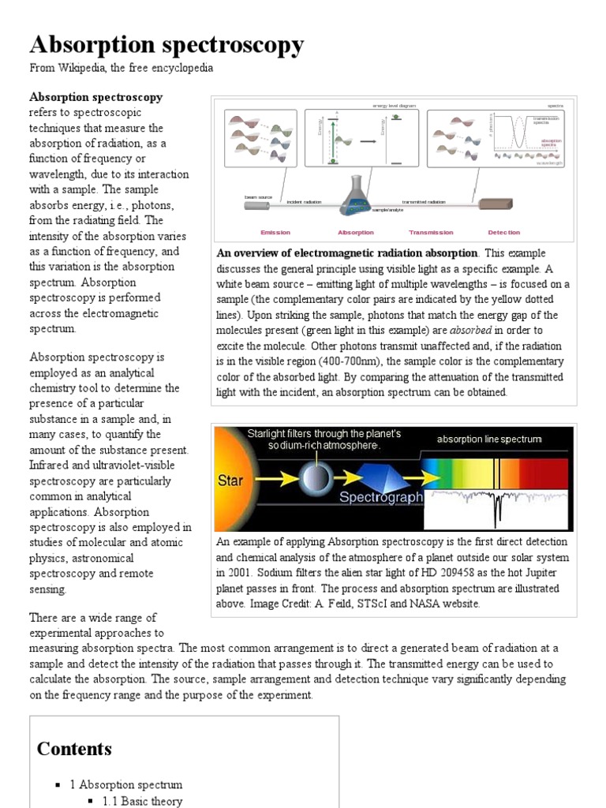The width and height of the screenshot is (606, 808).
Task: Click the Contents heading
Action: (74, 749)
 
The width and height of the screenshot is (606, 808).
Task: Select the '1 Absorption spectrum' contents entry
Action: (126, 785)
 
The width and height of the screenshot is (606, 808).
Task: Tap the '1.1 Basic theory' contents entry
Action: (142, 801)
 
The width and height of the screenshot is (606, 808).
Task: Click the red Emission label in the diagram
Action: (275, 233)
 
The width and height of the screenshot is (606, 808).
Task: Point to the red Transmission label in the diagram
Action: (431, 233)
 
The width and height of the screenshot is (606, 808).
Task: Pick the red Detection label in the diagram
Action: (504, 233)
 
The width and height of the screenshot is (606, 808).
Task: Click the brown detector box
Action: (495, 204)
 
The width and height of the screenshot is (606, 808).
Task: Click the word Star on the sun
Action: (230, 480)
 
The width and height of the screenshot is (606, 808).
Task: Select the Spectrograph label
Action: (381, 498)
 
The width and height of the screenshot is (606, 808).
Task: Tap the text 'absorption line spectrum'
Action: (489, 440)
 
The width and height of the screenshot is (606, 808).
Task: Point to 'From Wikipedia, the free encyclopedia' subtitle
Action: (121, 69)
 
